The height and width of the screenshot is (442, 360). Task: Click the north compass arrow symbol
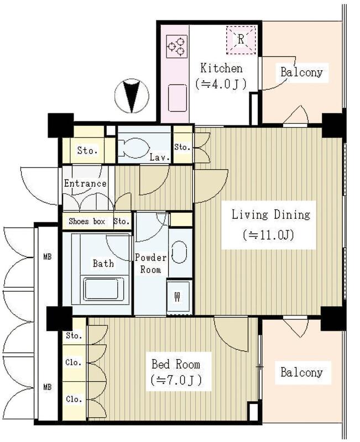click(x=132, y=96)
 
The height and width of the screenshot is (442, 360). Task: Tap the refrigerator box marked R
click(x=241, y=40)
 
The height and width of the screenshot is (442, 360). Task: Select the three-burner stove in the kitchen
click(x=177, y=46)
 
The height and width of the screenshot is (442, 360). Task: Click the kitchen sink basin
click(x=178, y=98)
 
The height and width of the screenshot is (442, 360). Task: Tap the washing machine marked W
click(x=179, y=296)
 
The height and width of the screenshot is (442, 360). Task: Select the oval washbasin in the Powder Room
click(x=179, y=252)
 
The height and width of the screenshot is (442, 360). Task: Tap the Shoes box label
click(x=87, y=222)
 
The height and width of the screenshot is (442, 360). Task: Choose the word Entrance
click(x=85, y=183)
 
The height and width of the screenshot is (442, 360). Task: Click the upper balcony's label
click(x=301, y=72)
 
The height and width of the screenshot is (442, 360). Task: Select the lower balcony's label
click(x=301, y=372)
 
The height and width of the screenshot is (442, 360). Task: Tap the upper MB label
click(x=48, y=257)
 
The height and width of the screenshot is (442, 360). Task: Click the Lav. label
click(x=159, y=157)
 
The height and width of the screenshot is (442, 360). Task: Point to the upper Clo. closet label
click(x=74, y=362)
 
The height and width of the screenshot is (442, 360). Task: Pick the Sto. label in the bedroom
click(x=74, y=336)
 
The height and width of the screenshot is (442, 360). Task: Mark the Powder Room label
click(x=150, y=264)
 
